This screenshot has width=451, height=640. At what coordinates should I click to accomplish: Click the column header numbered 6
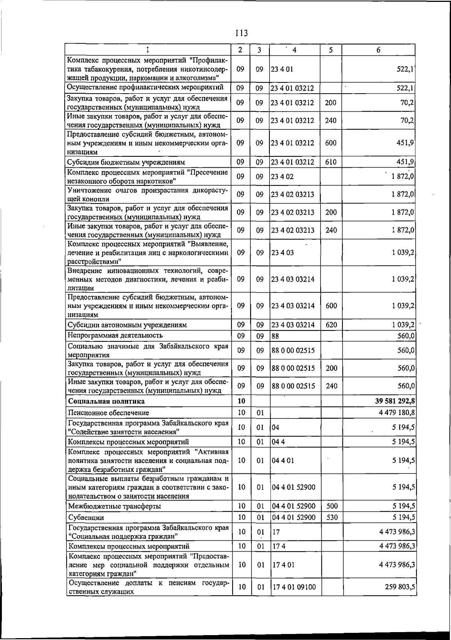click(378, 50)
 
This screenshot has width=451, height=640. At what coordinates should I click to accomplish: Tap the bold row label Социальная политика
click(106, 401)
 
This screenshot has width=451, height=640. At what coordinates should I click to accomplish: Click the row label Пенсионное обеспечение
click(109, 413)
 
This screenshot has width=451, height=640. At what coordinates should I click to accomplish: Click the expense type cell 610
click(331, 162)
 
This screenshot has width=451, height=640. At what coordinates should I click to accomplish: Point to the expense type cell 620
click(331, 325)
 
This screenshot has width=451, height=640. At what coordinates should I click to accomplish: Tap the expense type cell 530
click(331, 517)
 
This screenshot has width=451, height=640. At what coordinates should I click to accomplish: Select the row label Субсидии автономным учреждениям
click(127, 325)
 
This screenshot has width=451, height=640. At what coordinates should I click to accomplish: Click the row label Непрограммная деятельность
click(115, 335)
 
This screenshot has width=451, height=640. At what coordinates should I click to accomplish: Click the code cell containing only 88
click(275, 336)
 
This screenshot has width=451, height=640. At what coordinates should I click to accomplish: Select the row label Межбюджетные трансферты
click(115, 506)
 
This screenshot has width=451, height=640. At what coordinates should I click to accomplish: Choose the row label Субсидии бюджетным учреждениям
click(126, 162)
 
